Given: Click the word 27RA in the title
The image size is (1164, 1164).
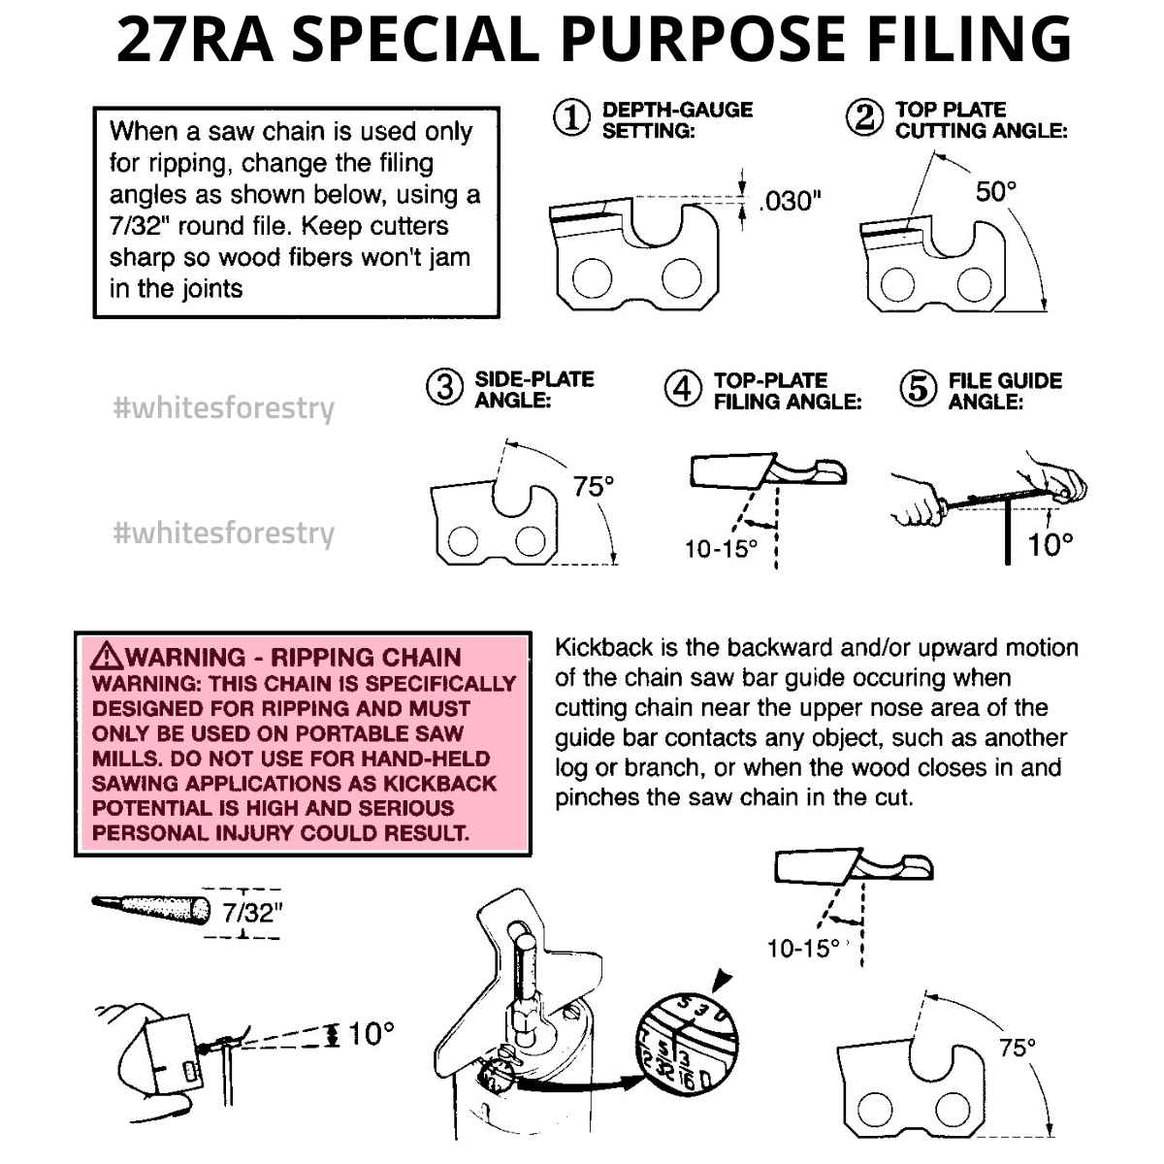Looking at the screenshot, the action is [x=195, y=39].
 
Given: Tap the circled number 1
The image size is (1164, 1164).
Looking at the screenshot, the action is [x=571, y=118].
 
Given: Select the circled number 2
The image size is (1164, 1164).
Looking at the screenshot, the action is [x=864, y=118].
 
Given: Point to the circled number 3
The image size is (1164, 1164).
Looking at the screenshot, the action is [x=444, y=387].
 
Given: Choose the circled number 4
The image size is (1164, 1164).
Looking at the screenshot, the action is [x=683, y=388].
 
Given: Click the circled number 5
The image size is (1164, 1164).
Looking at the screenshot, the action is [x=919, y=388].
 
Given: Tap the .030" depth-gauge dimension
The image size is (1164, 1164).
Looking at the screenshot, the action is [x=791, y=201].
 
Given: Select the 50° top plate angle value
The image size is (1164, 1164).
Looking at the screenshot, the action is [x=996, y=191].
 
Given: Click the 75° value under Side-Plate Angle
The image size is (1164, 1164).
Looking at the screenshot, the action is [x=594, y=486].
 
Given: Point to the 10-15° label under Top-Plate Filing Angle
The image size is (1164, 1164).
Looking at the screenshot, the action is [x=721, y=548].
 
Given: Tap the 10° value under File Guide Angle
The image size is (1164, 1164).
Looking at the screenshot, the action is [x=1051, y=544].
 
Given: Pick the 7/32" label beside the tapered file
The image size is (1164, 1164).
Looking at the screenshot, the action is [x=252, y=913].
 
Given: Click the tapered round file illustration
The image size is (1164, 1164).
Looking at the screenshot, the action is [x=151, y=910].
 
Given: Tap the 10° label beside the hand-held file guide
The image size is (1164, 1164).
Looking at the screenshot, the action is [x=372, y=1033].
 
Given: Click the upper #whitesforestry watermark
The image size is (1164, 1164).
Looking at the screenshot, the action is [x=223, y=408].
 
